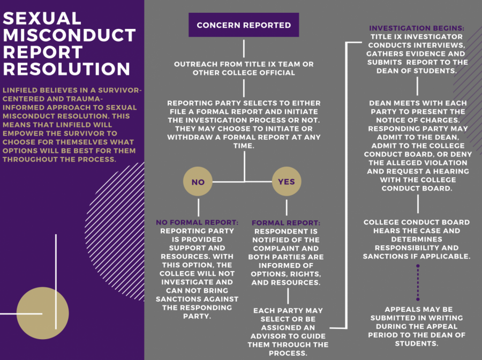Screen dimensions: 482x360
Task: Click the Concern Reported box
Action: pyautogui.click(x=244, y=25)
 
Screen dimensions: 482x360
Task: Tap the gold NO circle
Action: pyautogui.click(x=198, y=182)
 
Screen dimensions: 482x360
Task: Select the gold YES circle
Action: pyautogui.click(x=287, y=182)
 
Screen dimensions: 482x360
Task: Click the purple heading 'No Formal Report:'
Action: pyautogui.click(x=197, y=222)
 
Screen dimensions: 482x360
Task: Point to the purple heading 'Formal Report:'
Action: pyautogui.click(x=286, y=223)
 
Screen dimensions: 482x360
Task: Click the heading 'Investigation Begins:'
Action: pyautogui.click(x=417, y=28)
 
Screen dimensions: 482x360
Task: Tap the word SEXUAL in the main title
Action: pyautogui.click(x=42, y=18)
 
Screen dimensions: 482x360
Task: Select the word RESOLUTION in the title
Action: pyautogui.click(x=67, y=69)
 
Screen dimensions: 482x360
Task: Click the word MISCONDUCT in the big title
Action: pyautogui.click(x=69, y=35)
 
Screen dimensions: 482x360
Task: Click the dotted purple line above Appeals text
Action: pyautogui.click(x=418, y=282)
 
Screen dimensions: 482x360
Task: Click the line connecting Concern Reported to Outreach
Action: pyautogui.click(x=244, y=48)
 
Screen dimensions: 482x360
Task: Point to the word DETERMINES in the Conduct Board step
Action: pyautogui.click(x=417, y=239)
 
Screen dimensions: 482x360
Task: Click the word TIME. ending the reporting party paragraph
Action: pyautogui.click(x=244, y=146)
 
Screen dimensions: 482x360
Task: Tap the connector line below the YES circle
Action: pyautogui.click(x=287, y=207)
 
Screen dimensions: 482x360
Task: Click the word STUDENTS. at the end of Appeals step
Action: pyautogui.click(x=417, y=344)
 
